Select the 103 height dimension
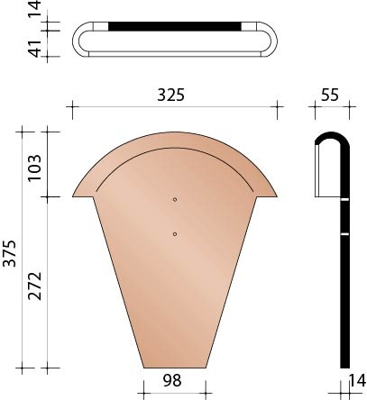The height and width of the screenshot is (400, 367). (33, 163)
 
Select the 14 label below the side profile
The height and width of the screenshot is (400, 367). (357, 382)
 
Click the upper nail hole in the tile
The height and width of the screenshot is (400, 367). (175, 199)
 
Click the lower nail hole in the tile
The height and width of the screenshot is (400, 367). (175, 234)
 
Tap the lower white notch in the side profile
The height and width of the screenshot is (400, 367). (345, 234)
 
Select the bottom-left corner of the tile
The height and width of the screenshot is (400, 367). (144, 368)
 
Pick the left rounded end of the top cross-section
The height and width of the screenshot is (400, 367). (79, 41)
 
